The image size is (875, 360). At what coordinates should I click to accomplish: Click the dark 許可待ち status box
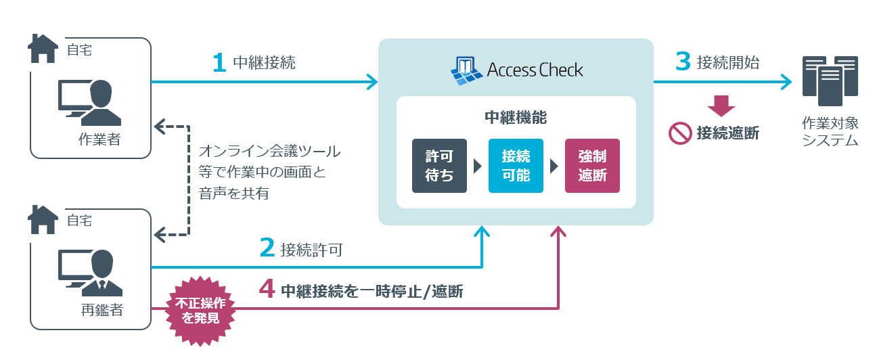pyautogui.click(x=439, y=166)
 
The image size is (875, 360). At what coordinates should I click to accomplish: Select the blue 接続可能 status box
pyautogui.click(x=516, y=166)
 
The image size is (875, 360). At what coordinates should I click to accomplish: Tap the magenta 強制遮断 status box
pyautogui.click(x=592, y=166)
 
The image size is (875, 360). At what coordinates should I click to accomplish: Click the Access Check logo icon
pyautogui.click(x=466, y=70)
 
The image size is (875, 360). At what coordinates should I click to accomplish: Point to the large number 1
pyautogui.click(x=219, y=64)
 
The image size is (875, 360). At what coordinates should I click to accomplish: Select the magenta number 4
pyautogui.click(x=267, y=290)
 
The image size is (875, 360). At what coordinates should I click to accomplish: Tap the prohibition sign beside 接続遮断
pyautogui.click(x=679, y=133)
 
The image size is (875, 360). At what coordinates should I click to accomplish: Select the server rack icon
pyautogui.click(x=830, y=81)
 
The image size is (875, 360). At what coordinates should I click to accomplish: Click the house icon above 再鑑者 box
pyautogui.click(x=43, y=220)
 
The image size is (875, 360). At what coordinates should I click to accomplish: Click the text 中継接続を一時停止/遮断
pyautogui.click(x=372, y=291)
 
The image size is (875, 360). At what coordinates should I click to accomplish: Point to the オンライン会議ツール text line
pyautogui.click(x=269, y=151)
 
